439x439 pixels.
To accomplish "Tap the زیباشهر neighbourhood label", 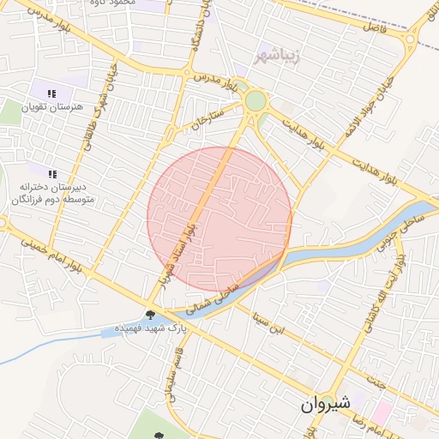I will (276, 57).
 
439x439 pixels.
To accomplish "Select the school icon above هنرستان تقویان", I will (51, 93).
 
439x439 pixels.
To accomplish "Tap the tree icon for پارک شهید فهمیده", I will (151, 315).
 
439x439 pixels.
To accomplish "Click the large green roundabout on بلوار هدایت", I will (256, 101).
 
